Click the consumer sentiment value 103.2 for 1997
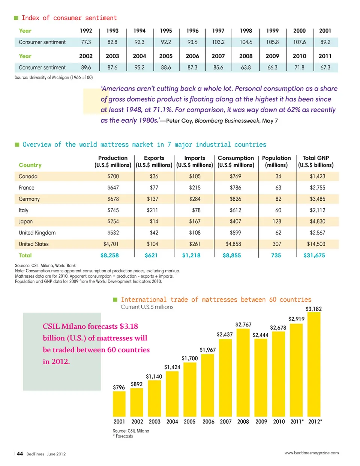point(218,42)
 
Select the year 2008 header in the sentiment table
point(246,56)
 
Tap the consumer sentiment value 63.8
point(246,68)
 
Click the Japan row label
point(26,221)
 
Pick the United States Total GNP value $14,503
point(316,244)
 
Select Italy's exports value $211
point(152,210)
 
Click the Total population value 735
point(276,255)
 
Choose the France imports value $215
point(195,188)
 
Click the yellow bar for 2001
point(119,404)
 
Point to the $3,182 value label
point(313,309)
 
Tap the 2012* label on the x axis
point(315,421)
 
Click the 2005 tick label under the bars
point(189,421)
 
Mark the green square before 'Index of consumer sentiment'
point(16,18)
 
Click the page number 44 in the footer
point(20,454)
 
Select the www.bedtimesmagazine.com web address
point(311,453)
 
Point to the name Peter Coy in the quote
point(178,120)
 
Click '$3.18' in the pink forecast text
point(129,326)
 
